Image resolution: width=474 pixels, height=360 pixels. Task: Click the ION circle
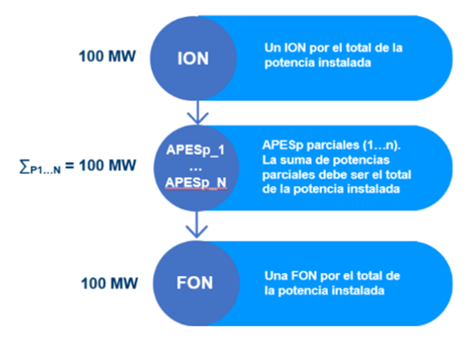pyautogui.click(x=193, y=58)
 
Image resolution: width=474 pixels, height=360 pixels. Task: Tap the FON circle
pyautogui.click(x=196, y=284)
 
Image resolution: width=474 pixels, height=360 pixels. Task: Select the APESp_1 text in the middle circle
pyautogui.click(x=195, y=150)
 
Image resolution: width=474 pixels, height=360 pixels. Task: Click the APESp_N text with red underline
pyautogui.click(x=195, y=183)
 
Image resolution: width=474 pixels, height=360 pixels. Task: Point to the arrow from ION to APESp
pyautogui.click(x=198, y=112)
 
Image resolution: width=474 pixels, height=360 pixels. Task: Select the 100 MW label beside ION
pyautogui.click(x=107, y=57)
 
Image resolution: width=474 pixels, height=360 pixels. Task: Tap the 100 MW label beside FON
pyautogui.click(x=110, y=284)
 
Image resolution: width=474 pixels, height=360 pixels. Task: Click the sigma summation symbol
pyautogui.click(x=24, y=166)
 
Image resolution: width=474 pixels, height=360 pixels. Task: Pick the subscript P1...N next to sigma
pyautogui.click(x=46, y=170)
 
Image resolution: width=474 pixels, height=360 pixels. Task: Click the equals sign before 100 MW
pyautogui.click(x=70, y=165)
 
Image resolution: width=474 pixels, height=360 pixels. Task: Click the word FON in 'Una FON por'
pyautogui.click(x=304, y=276)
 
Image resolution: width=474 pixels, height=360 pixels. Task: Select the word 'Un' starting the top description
pyautogui.click(x=273, y=47)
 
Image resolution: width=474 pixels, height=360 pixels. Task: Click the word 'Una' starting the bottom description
pyautogui.click(x=276, y=276)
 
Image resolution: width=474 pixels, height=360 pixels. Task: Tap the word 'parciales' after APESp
pyautogui.click(x=333, y=145)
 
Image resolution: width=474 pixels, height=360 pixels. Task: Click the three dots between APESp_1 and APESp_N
pyautogui.click(x=195, y=170)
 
